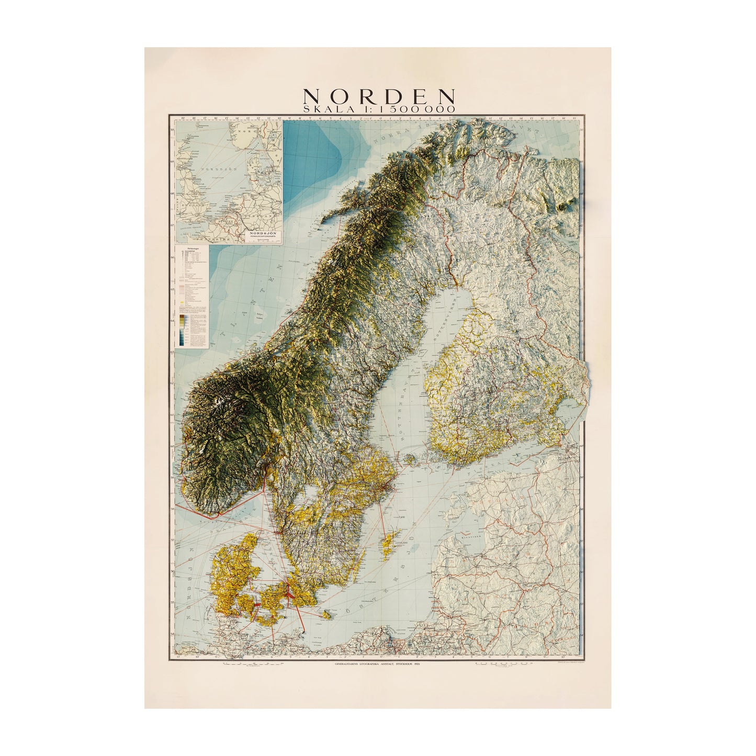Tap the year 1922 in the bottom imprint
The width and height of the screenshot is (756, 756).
tap(416, 663)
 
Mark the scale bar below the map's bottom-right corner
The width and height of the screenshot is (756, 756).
tap(502, 664)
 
